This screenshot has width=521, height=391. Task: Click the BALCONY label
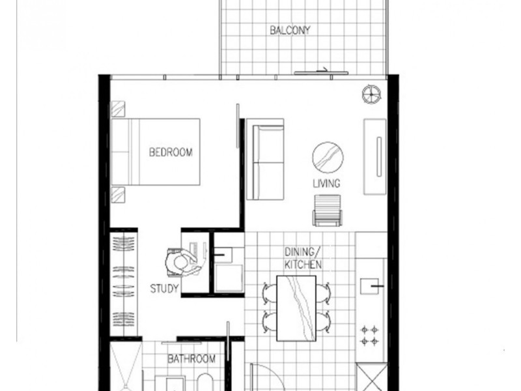(290, 30)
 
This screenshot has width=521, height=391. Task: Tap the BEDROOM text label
(171, 152)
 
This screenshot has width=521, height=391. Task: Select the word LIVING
(326, 184)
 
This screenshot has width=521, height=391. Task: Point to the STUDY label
(164, 287)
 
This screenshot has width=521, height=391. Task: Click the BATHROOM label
(191, 359)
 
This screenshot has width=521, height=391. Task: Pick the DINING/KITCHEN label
(303, 258)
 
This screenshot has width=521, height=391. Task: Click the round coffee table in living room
(328, 157)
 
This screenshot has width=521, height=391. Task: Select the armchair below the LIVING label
(326, 210)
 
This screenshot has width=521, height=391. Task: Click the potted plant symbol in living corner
(372, 94)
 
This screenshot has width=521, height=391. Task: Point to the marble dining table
(296, 308)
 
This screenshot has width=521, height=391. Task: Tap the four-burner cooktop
(370, 334)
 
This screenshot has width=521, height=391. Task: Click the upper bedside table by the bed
(117, 108)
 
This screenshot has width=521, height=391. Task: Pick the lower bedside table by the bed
(117, 193)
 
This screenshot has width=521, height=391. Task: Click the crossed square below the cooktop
(371, 377)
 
